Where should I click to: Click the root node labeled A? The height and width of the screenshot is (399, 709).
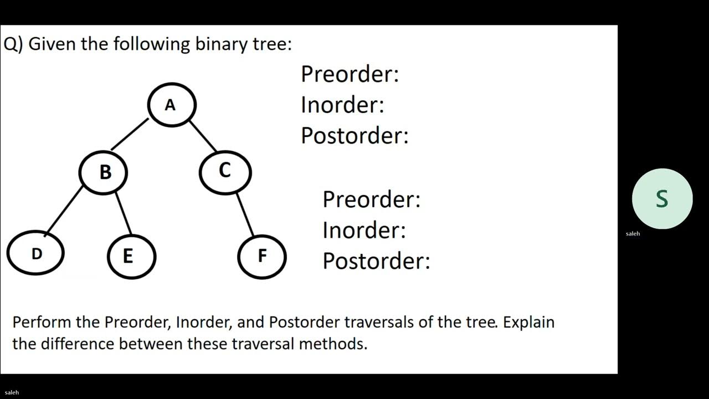coord(171,104)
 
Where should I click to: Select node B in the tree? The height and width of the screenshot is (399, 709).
coord(104,172)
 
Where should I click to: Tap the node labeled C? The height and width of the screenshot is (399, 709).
coord(225,171)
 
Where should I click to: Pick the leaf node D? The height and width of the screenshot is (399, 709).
coord(35,253)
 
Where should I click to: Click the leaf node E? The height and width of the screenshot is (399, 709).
coord(131,256)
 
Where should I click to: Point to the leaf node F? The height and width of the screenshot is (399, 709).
coord(261,255)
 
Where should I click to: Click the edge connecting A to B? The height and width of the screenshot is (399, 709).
coord(130,134)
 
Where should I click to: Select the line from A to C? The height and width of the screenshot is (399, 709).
coord(203,135)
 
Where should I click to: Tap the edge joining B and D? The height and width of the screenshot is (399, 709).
coord(63,209)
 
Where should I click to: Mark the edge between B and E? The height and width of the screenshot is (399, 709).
coord(123,214)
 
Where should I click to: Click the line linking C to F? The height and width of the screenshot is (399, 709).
coord(245,214)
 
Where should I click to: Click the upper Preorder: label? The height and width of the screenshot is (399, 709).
coord(350,74)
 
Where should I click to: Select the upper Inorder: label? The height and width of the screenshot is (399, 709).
coord(342,104)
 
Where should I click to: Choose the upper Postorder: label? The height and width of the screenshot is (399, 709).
coord(354,135)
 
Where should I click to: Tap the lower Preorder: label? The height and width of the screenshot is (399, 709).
coord(371,199)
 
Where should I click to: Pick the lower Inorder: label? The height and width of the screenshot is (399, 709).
coord(364,229)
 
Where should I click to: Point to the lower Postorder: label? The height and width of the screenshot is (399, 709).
coord(376,260)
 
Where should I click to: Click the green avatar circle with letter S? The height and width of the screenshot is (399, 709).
coord(662,198)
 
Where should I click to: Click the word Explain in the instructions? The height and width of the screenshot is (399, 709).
coord(528,322)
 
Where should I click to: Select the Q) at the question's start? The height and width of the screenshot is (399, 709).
coord(13,44)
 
